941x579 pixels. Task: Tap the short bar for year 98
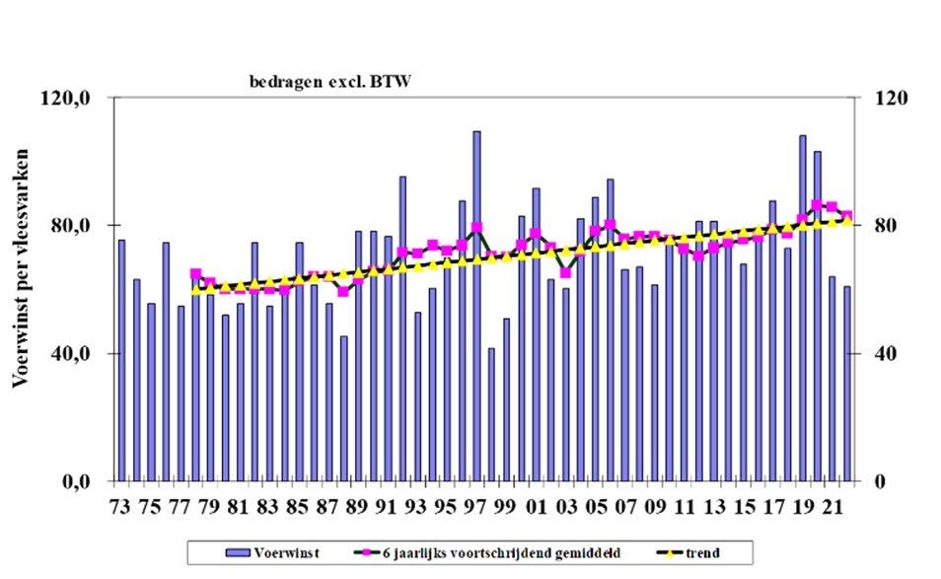point(491,414)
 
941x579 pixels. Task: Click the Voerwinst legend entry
point(261,550)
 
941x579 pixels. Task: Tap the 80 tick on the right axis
point(875,226)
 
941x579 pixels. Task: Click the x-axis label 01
point(537,507)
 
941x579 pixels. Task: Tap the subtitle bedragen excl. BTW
point(328,82)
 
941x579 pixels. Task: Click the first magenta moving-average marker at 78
point(195,274)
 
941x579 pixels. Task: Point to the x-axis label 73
point(120,507)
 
